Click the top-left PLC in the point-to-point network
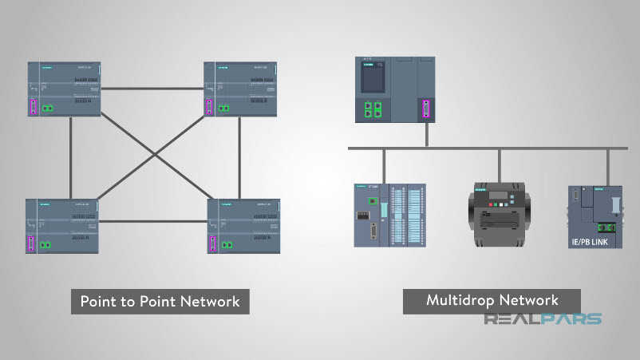point(64,89)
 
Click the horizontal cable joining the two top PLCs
point(152,89)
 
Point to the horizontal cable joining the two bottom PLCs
point(153,221)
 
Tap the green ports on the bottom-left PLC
point(45,244)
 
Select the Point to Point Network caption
point(160,302)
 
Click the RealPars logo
point(543,319)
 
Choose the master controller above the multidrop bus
point(395,89)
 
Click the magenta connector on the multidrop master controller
point(425,109)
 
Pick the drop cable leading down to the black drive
point(500,165)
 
